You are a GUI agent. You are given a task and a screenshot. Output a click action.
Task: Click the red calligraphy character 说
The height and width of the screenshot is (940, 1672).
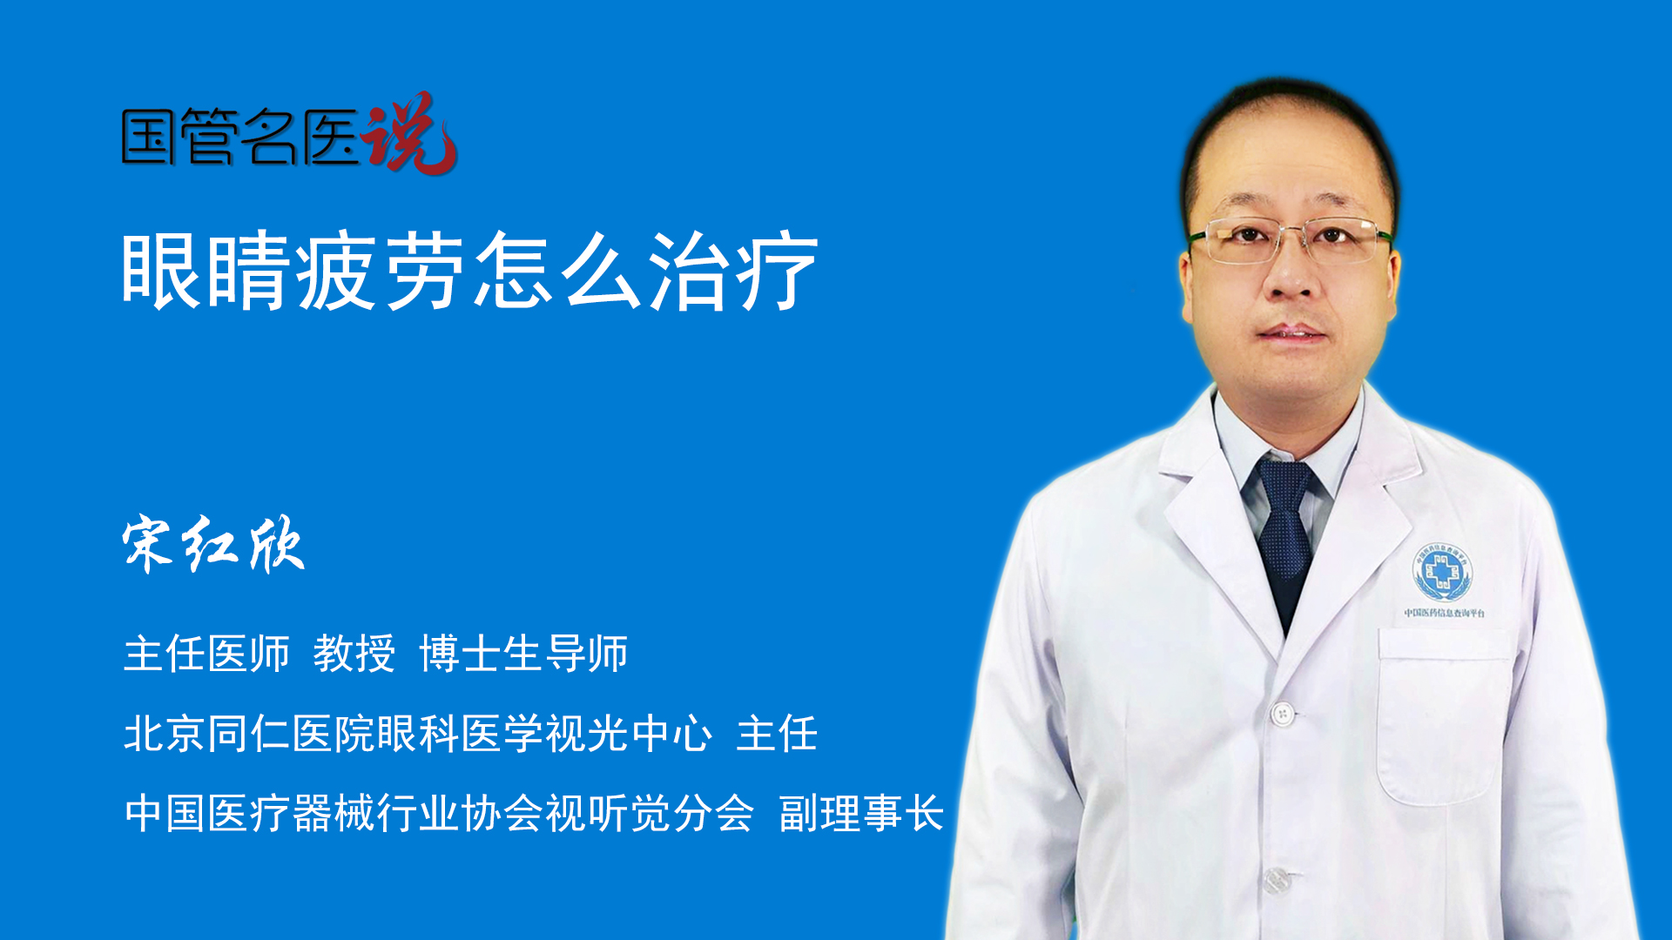coord(409,132)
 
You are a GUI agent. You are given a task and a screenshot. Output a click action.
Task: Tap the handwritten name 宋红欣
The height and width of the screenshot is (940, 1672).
coord(213,544)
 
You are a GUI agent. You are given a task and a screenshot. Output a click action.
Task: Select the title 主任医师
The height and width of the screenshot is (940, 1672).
coord(206,654)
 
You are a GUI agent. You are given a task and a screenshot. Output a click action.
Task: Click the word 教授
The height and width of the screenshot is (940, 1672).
coord(354,654)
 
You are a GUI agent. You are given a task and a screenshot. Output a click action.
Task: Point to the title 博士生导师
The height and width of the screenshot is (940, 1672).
coord(523,654)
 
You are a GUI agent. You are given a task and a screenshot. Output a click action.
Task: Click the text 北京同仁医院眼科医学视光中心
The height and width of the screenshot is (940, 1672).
coord(418,734)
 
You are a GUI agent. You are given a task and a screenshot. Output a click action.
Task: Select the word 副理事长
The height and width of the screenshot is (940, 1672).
coord(861,814)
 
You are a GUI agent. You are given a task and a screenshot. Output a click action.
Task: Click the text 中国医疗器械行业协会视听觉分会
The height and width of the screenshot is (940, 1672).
coord(439,814)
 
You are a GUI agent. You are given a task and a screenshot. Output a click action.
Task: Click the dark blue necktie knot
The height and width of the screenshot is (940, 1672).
coord(1284,487)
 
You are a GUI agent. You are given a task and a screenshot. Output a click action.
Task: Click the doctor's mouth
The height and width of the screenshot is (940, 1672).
coord(1291,332)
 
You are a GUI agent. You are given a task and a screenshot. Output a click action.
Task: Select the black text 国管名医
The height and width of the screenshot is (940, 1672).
coord(240,137)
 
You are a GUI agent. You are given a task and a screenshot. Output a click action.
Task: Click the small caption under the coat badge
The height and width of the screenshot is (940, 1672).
coord(1445,614)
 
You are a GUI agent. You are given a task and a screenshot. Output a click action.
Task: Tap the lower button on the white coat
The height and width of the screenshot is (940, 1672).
coord(1276,880)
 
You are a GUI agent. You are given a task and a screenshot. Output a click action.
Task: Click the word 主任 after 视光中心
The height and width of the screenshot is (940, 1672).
coord(777,734)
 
